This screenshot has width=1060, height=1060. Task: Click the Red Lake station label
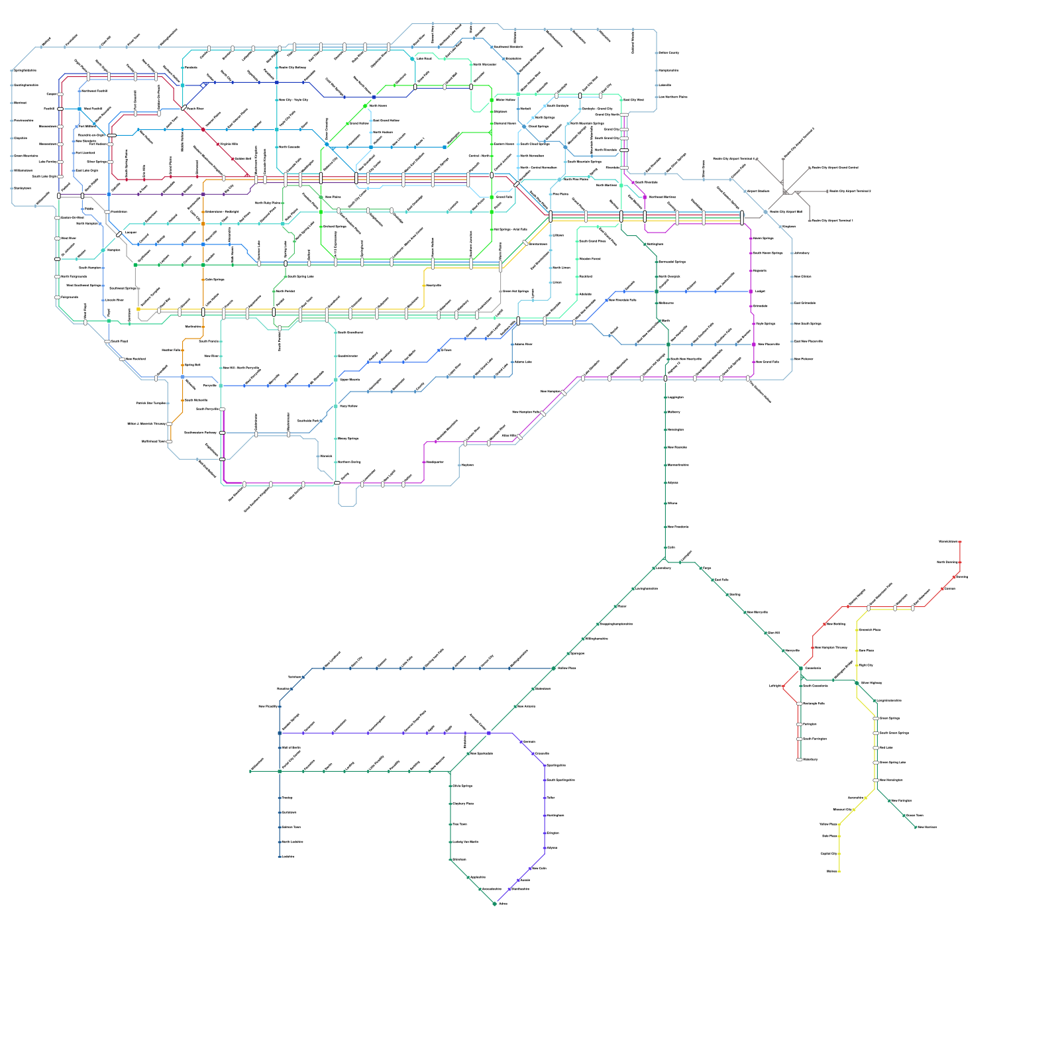point(886,747)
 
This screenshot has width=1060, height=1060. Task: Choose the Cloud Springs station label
point(538,127)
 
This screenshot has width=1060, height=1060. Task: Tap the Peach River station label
point(195,109)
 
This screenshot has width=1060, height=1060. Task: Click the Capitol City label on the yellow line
point(829,853)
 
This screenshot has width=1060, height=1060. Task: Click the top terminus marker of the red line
point(960,542)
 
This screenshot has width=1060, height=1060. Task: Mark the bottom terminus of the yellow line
point(839,871)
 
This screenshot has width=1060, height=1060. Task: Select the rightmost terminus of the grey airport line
point(827,191)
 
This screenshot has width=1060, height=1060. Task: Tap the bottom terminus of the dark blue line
point(280,857)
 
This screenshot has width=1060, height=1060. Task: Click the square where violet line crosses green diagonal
point(489,733)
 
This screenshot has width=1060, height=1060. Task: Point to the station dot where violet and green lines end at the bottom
point(494,904)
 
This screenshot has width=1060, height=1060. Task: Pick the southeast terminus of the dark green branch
point(916,827)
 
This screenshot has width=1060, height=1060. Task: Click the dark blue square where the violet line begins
point(280,733)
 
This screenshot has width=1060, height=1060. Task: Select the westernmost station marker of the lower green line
point(250,771)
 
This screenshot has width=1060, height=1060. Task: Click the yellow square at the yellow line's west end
point(138,309)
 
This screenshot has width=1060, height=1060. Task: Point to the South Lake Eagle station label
point(45,176)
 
